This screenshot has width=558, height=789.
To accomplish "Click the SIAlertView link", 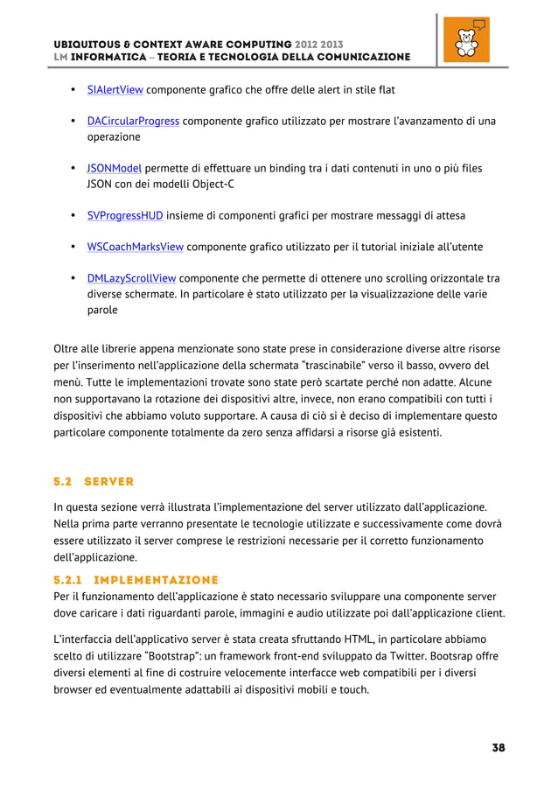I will coord(115,90).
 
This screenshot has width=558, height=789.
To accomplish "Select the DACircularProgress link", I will coord(133,121).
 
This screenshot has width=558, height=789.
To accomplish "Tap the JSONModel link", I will coord(114,168).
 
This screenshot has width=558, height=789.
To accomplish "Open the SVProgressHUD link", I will coord(124,215).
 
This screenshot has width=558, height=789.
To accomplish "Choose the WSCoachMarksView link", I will coord(135,247).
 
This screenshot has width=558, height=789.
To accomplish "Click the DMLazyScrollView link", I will coord(131,278).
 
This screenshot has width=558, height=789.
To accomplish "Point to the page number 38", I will coord(499,748).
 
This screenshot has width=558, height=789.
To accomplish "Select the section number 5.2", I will coord(64,481).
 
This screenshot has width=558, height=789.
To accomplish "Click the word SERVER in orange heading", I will coord(108,481).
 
